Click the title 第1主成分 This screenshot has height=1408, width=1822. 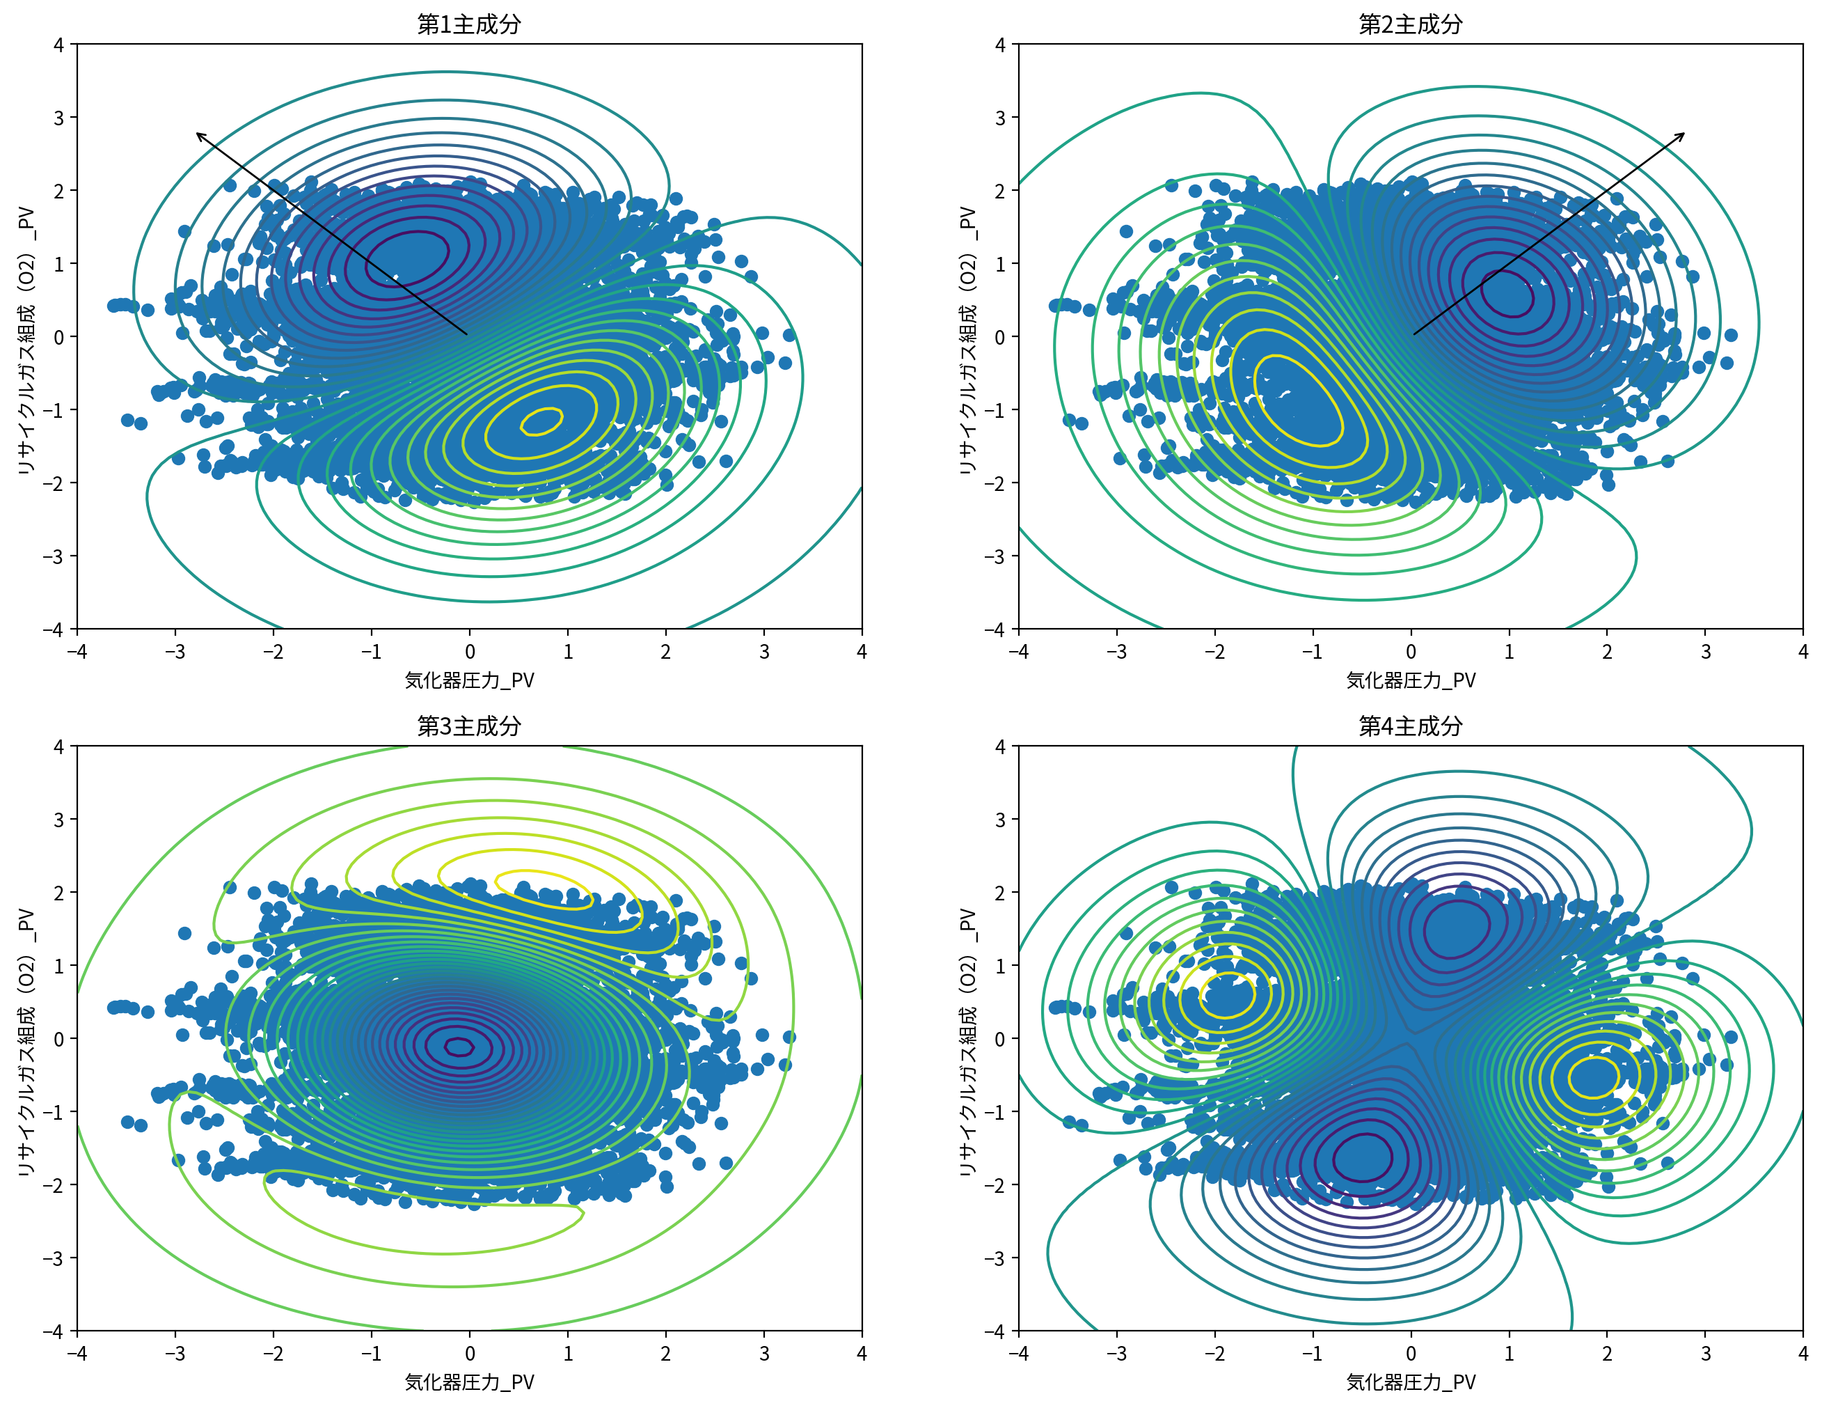[x=469, y=24]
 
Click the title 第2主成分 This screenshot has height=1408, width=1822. [x=1410, y=24]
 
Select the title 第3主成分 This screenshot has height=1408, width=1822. [x=469, y=726]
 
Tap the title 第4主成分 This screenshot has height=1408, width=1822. [x=1410, y=726]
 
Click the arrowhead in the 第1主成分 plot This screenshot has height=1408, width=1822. [x=198, y=134]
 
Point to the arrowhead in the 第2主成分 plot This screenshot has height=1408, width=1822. [x=1683, y=134]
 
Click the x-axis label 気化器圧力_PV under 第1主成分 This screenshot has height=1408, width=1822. [x=469, y=680]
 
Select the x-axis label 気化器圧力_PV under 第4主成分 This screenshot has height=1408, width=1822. [x=1410, y=1382]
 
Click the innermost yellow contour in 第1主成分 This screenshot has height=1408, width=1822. [x=541, y=422]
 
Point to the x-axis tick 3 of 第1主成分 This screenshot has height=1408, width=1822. [x=763, y=652]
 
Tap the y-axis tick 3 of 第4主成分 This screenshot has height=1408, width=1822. [x=999, y=820]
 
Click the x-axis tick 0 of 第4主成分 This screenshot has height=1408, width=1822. [x=1411, y=1354]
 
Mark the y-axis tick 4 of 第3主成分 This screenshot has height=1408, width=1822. [x=58, y=746]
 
